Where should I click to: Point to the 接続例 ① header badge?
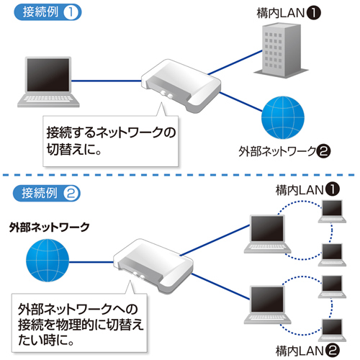coord(47,14)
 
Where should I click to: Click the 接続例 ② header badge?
coord(47,192)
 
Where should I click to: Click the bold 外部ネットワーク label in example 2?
coord(50,226)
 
